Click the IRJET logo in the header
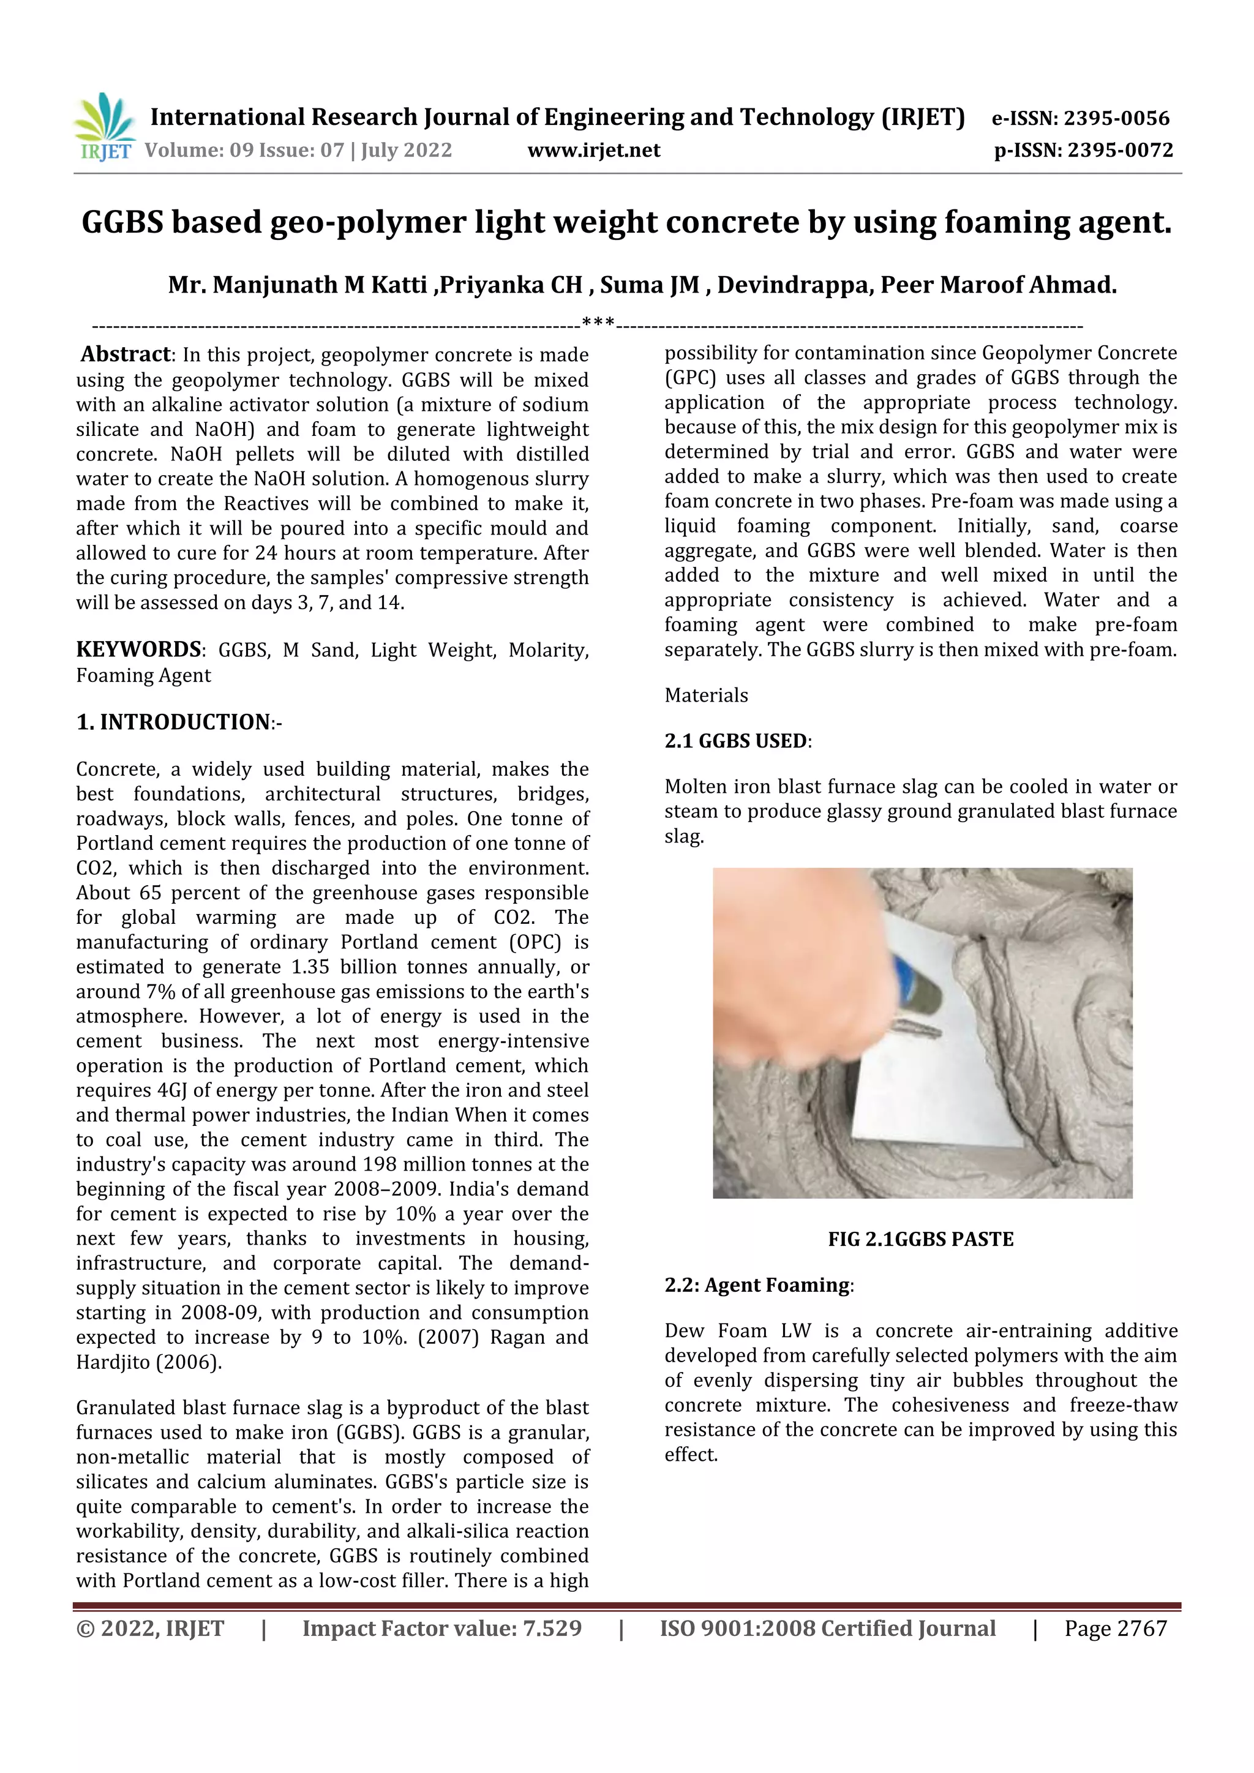point(104,127)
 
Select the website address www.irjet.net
point(593,150)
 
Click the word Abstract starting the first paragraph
point(125,354)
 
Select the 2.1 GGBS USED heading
point(737,741)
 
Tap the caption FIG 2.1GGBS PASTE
point(920,1239)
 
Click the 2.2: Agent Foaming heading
point(757,1285)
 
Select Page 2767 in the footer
point(1115,1629)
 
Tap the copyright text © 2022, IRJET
point(150,1629)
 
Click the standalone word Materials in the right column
point(706,695)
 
